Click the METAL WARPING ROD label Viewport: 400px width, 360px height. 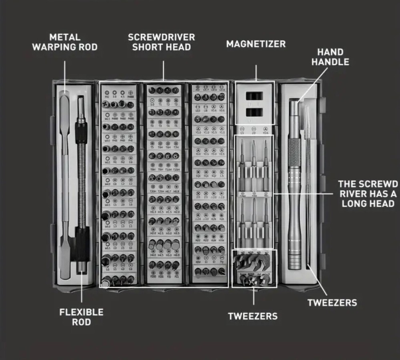point(64,42)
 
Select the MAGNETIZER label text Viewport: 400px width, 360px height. point(256,44)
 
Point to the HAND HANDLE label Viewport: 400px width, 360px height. point(330,57)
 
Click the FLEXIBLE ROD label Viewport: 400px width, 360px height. point(81,317)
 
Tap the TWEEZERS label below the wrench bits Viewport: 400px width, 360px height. point(252,316)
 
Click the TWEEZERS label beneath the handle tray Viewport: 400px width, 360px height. point(332,302)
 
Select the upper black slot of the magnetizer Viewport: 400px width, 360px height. point(255,96)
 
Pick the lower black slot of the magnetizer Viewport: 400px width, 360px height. point(255,112)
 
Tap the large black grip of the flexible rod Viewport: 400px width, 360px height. point(82,244)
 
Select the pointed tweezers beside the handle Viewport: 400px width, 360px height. point(307,180)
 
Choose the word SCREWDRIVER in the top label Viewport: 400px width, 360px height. point(161,37)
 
